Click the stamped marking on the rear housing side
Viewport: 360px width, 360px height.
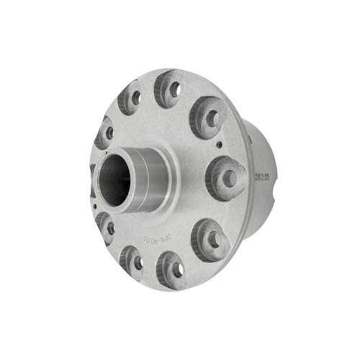[x=259, y=175]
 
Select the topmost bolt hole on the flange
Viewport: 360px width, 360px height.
[x=174, y=89]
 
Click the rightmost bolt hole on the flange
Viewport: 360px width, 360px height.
[x=228, y=177]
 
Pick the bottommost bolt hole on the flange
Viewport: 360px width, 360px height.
[x=175, y=269]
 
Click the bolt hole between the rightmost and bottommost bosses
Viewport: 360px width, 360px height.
[x=213, y=235]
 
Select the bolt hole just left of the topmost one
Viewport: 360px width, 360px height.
[x=134, y=97]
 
